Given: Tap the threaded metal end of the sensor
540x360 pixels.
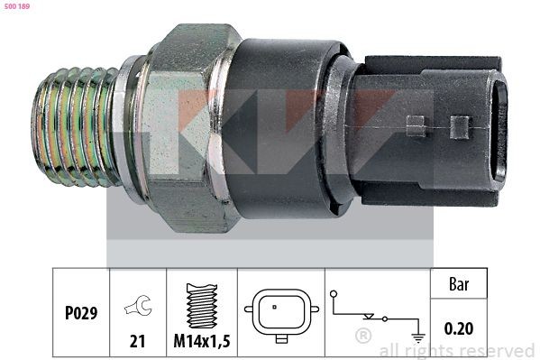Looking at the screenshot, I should (x=77, y=123).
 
